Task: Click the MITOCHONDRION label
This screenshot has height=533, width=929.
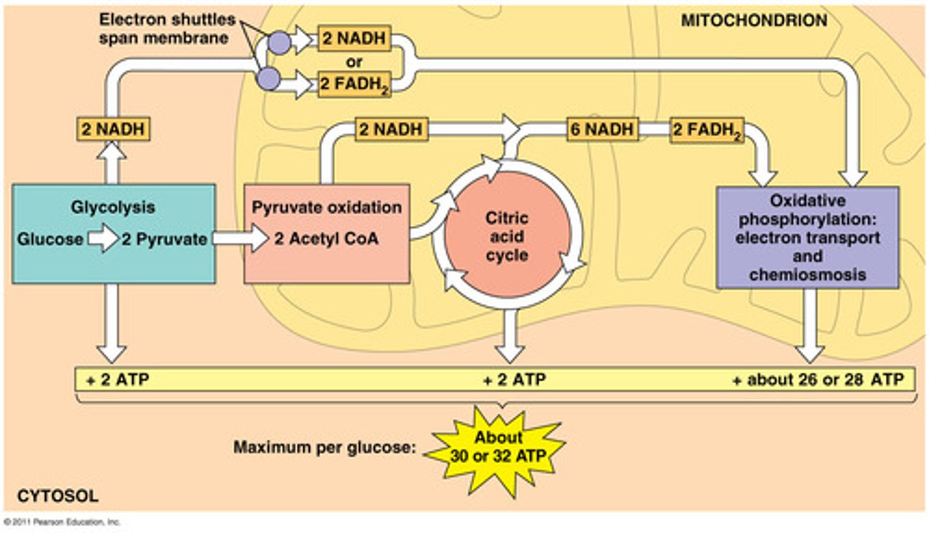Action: point(754,21)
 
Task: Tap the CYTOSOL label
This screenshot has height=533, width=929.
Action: point(57,496)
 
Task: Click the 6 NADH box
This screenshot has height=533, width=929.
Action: point(602,129)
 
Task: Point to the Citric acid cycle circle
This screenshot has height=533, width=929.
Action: point(507,236)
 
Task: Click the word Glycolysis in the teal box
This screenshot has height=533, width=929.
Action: point(113,208)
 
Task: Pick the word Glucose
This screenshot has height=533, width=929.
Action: point(50,239)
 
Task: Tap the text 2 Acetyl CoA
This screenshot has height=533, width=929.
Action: point(326,239)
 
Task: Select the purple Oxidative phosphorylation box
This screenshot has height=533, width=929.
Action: point(807,237)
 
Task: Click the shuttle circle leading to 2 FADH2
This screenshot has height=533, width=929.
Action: point(268,79)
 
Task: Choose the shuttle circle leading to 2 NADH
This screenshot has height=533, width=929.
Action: point(279,43)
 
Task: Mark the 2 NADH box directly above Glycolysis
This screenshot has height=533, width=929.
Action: point(113,129)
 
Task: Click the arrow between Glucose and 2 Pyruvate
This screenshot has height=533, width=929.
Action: point(103,239)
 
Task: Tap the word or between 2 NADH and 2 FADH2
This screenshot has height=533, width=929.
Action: point(354,63)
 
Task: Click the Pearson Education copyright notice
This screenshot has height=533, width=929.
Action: point(62,521)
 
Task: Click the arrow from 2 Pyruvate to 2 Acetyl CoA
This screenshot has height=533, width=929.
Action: point(240,239)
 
